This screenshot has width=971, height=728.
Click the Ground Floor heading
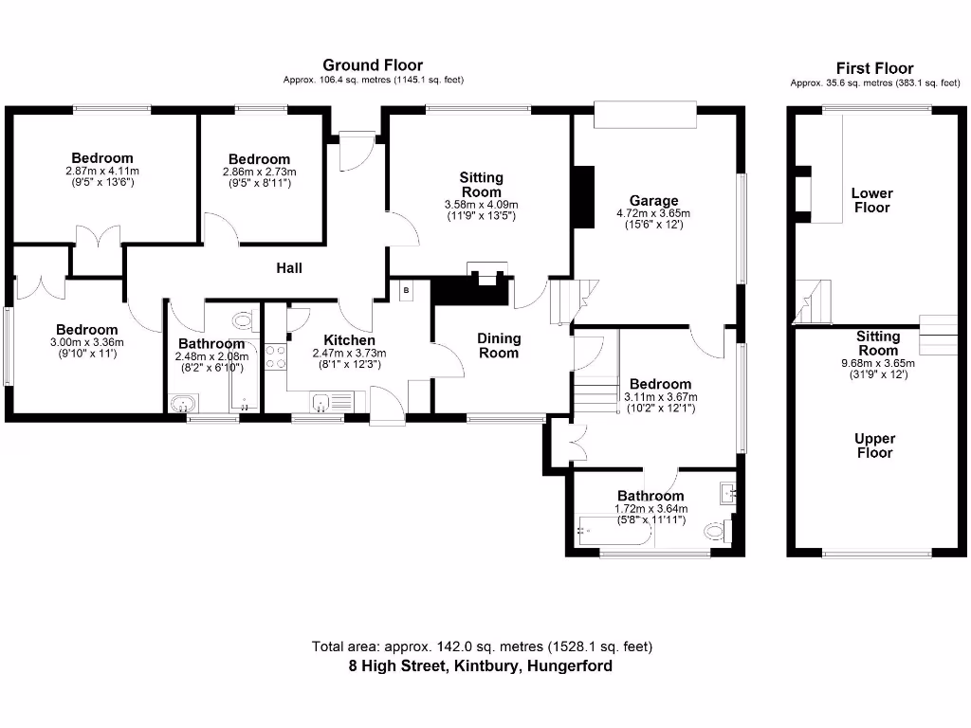point(373,64)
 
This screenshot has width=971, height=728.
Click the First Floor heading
point(874,67)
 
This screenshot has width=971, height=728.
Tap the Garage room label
point(653,200)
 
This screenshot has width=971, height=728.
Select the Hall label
point(289,268)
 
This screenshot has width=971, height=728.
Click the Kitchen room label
point(349,340)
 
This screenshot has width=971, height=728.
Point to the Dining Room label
point(498,346)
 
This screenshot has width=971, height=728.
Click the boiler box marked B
point(406,290)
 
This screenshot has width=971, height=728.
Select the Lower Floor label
point(871,200)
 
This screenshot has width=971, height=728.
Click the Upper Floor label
point(874,446)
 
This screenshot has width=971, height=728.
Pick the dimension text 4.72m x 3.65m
point(653,213)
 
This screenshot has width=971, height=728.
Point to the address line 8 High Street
point(480,665)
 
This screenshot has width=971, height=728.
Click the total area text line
point(482,646)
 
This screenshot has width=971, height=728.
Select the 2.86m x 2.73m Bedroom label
point(259,159)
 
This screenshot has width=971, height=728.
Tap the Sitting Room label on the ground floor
point(481,184)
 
